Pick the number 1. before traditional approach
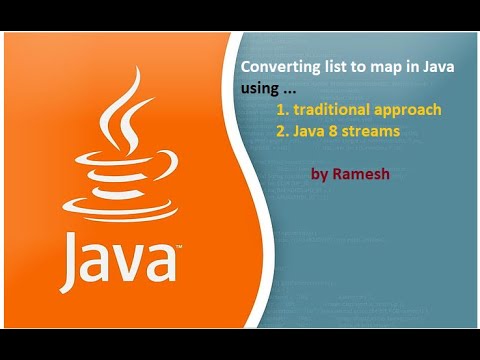(282, 108)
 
